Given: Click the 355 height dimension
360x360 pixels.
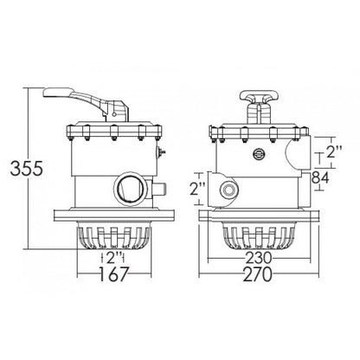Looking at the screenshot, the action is coord(27,169).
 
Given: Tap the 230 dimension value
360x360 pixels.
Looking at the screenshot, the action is coord(259,258).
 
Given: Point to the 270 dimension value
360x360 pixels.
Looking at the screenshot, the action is coord(258,274).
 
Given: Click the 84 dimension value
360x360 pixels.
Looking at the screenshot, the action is coord(320,177).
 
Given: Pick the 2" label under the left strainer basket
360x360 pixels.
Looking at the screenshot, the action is coord(113,258).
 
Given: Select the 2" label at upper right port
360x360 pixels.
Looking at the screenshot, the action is coord(333,151).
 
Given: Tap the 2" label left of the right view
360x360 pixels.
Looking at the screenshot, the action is coord(198,189).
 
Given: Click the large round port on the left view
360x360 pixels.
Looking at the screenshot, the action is coord(131,190).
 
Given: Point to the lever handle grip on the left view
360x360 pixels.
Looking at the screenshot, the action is coord(59,93).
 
